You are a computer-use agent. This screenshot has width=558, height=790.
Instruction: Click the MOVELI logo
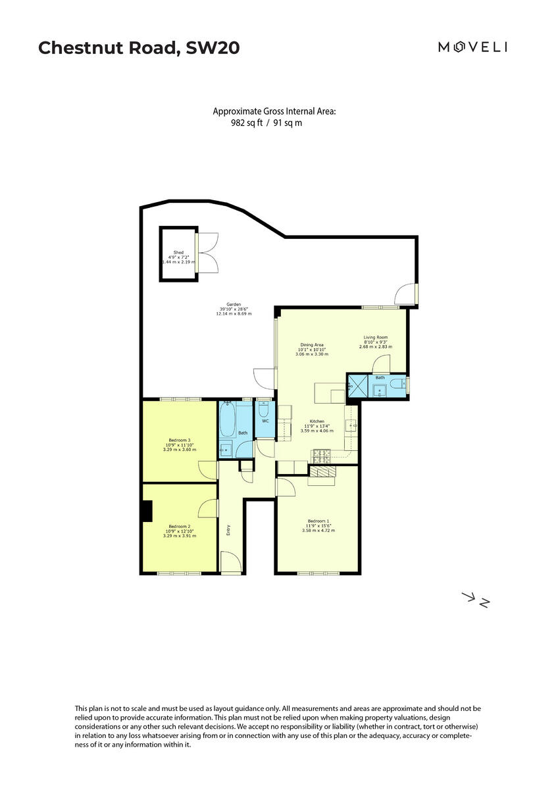tap(472, 46)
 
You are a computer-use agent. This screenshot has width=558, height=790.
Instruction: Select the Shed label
tap(178, 252)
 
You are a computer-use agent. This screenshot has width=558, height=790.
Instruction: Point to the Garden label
tap(234, 304)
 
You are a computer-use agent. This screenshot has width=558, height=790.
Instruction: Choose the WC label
tap(265, 420)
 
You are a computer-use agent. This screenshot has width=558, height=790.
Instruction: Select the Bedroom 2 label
tap(180, 526)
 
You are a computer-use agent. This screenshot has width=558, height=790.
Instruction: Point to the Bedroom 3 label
tap(180, 440)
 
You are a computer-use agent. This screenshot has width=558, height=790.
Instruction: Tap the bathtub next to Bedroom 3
tap(228, 421)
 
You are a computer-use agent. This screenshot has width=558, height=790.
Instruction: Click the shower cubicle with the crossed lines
tap(357, 386)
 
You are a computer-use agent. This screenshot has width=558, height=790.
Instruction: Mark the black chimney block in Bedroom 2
tap(146, 511)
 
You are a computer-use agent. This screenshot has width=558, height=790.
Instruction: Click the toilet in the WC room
tap(265, 408)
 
